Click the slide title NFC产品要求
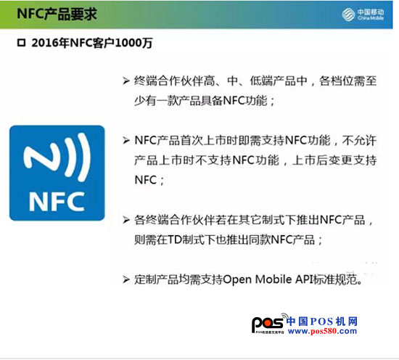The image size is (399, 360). pyautogui.click(x=57, y=13)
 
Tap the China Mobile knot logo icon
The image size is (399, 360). pyautogui.click(x=348, y=14)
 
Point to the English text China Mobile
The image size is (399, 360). pyautogui.click(x=371, y=18)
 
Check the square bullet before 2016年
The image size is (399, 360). pyautogui.click(x=21, y=43)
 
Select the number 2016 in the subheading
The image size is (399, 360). pyautogui.click(x=45, y=43)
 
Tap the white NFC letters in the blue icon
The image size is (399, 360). pyautogui.click(x=57, y=201)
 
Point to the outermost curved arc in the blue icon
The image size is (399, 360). pyautogui.click(x=84, y=157)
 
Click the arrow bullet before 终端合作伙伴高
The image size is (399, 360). pyautogui.click(x=126, y=81)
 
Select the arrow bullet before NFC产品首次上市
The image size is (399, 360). pyautogui.click(x=126, y=140)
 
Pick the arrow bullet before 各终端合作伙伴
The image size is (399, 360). pyautogui.click(x=126, y=219)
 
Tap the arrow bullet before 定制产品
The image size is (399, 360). pyautogui.click(x=126, y=279)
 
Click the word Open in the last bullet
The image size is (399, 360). pyautogui.click(x=237, y=279)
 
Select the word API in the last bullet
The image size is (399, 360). pyautogui.click(x=304, y=279)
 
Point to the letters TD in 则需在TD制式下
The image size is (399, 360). pyautogui.click(x=174, y=240)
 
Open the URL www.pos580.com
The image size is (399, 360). pyautogui.click(x=322, y=331)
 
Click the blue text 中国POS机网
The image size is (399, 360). pyautogui.click(x=322, y=322)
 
